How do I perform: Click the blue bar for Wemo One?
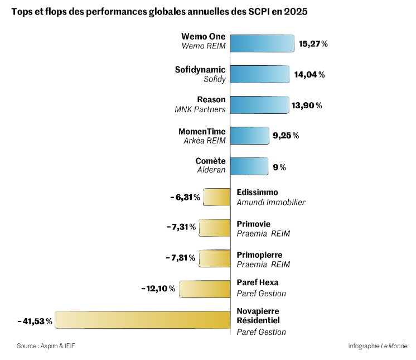click(x=262, y=44)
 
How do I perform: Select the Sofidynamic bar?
click(x=260, y=74)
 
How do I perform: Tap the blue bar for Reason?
click(x=260, y=105)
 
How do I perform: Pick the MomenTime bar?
click(x=250, y=136)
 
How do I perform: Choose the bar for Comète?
click(x=249, y=166)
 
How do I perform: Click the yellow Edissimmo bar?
click(x=216, y=197)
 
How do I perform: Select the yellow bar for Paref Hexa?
click(x=205, y=289)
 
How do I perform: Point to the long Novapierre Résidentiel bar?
click(x=142, y=321)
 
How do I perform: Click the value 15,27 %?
click(x=313, y=44)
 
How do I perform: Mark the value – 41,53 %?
click(x=35, y=321)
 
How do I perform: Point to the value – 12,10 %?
click(x=159, y=289)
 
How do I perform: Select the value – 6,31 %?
click(x=185, y=197)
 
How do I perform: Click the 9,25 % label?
click(x=286, y=136)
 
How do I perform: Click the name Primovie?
click(x=254, y=224)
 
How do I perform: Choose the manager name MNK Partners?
click(x=200, y=109)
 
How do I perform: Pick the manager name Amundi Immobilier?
click(x=271, y=202)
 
